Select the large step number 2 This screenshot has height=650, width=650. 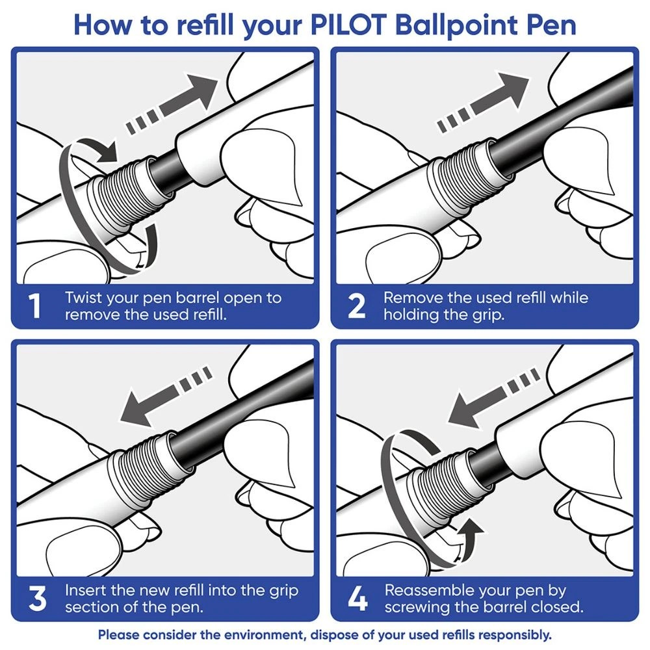pos(356,307)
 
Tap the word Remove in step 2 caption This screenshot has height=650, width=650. pos(410,298)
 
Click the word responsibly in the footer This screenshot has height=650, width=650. pos(512,634)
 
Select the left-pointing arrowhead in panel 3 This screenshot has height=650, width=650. pos(133,409)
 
